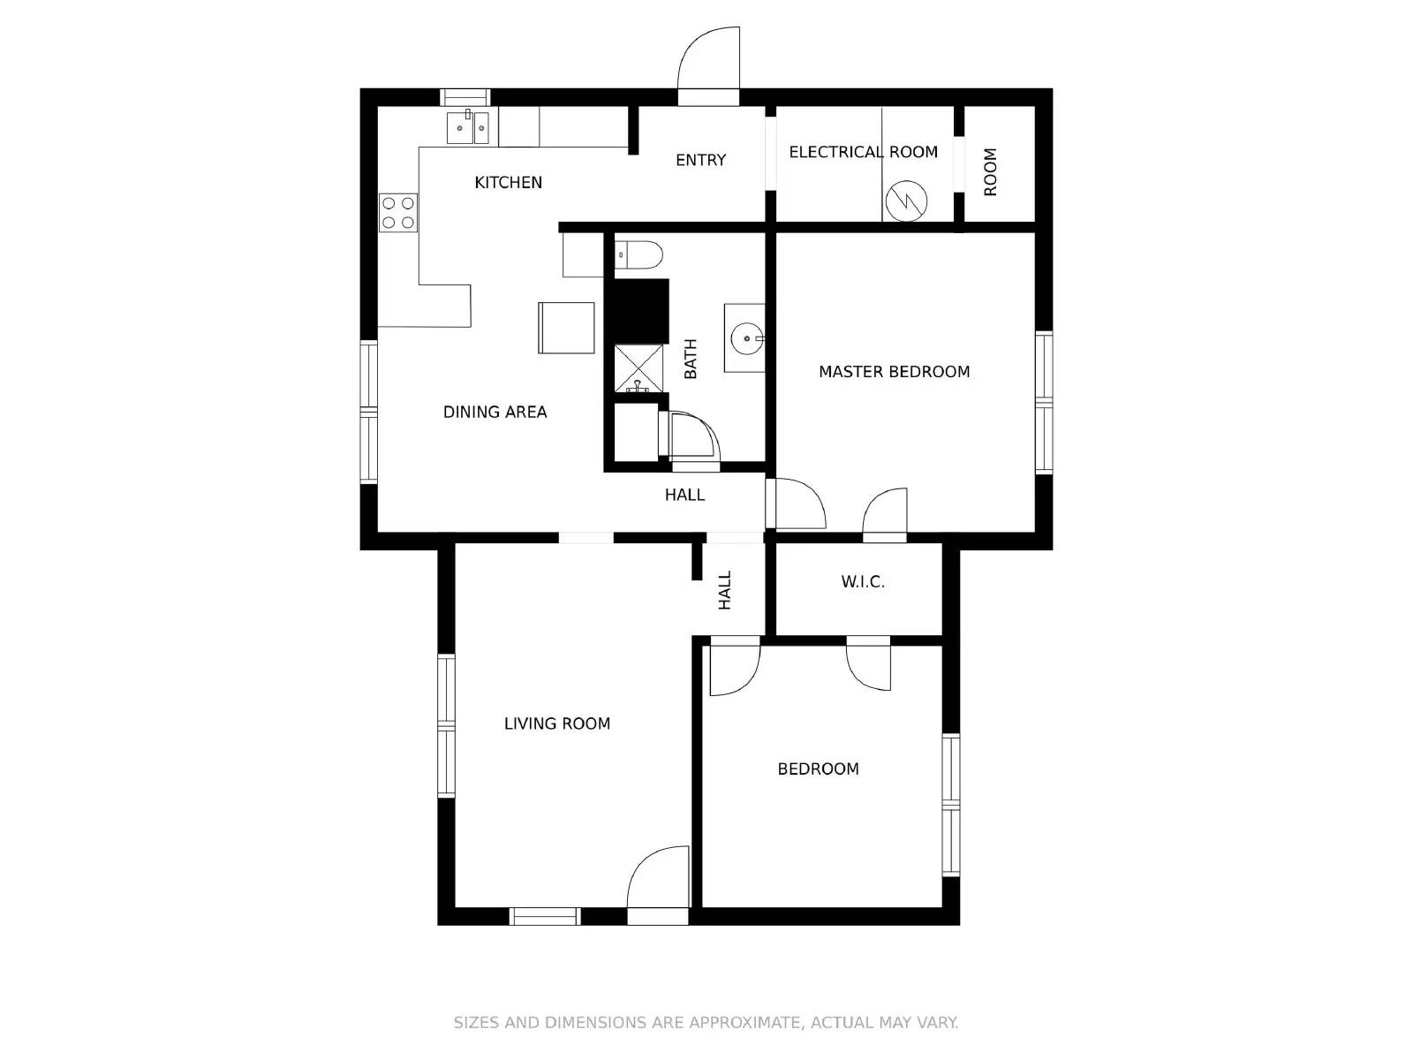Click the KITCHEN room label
(x=508, y=183)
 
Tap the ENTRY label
(x=700, y=160)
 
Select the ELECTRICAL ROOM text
(x=863, y=152)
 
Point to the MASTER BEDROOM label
(x=894, y=372)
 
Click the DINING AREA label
(x=495, y=412)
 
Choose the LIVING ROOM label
(x=556, y=723)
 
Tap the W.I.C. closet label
(x=862, y=582)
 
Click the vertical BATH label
(x=691, y=359)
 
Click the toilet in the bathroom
(x=638, y=254)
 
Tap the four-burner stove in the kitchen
(x=398, y=213)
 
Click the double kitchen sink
(x=468, y=127)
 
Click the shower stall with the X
(x=638, y=367)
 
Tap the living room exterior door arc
(x=657, y=876)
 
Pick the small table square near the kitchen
(x=566, y=328)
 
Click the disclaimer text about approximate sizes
(x=706, y=1023)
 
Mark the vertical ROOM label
(x=990, y=172)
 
